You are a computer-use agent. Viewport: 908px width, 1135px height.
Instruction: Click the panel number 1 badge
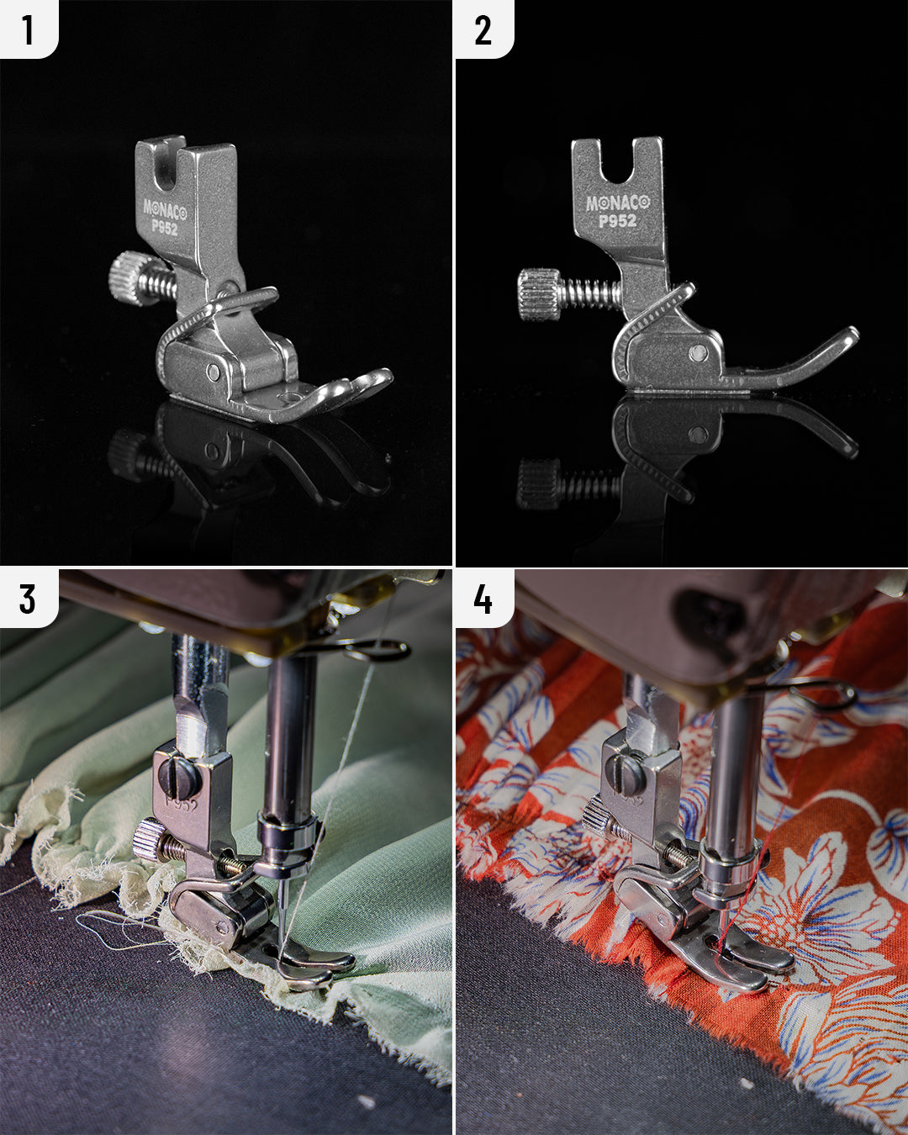pyautogui.click(x=28, y=29)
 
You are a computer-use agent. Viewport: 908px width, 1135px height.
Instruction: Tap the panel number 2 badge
pyautogui.click(x=483, y=29)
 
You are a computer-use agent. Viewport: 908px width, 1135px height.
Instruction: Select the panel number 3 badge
pyautogui.click(x=28, y=599)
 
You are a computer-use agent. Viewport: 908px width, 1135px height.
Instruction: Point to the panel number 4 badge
pyautogui.click(x=483, y=599)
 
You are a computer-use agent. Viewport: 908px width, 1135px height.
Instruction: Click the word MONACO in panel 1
pyautogui.click(x=165, y=208)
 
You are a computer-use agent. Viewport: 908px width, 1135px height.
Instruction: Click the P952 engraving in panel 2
pyautogui.click(x=618, y=221)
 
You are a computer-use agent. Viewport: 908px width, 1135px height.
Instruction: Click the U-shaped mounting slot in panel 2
pyautogui.click(x=618, y=164)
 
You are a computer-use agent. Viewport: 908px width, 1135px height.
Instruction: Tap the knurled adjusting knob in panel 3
pyautogui.click(x=147, y=839)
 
